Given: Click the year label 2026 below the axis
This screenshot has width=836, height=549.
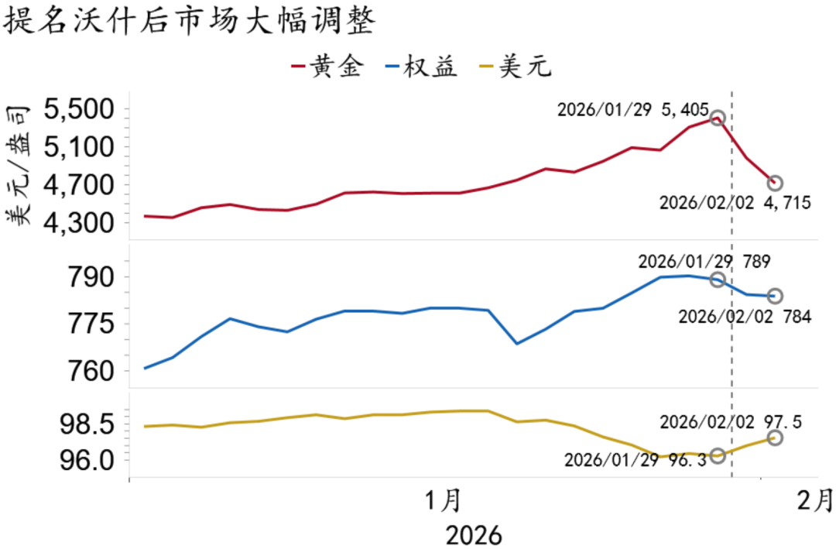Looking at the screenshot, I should (x=473, y=534).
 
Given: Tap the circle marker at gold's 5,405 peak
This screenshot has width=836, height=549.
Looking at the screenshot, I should (x=718, y=118).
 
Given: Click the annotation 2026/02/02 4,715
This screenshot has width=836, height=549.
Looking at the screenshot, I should (x=735, y=204).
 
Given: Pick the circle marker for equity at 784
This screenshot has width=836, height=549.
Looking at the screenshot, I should (x=774, y=296).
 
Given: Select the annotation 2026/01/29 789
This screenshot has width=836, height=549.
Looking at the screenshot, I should (x=704, y=261).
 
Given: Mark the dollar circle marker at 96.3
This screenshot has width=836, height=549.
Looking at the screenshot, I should (x=718, y=455).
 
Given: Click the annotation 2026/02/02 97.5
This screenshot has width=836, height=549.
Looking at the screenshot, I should (x=730, y=422).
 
